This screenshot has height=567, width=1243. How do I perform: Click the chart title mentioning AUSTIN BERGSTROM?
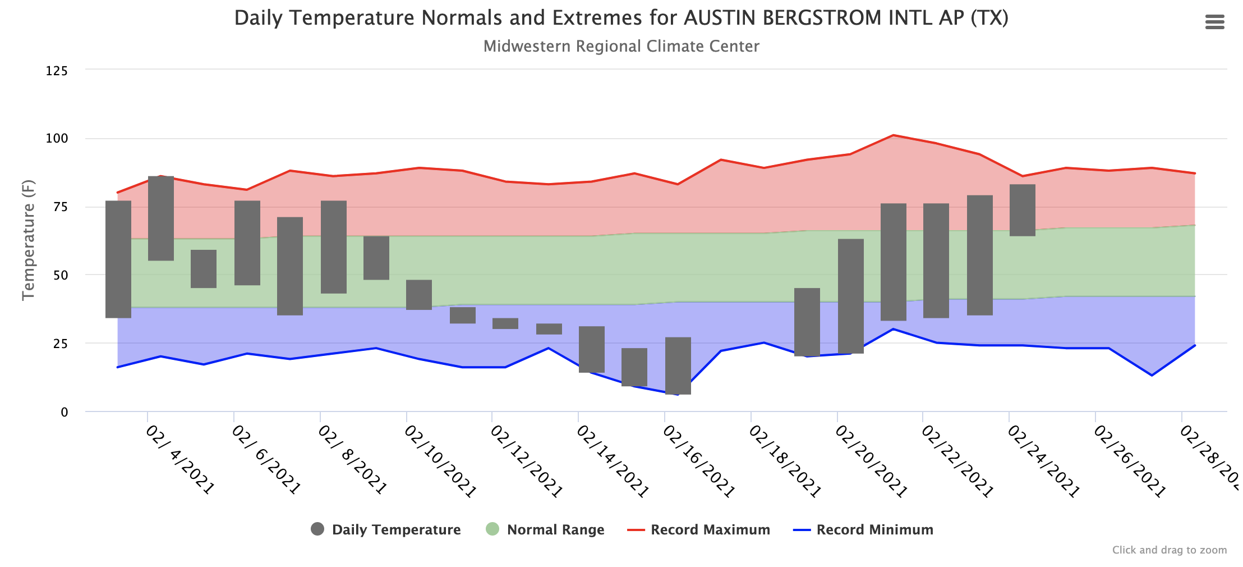(621, 18)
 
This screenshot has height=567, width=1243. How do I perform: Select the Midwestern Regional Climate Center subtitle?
(621, 46)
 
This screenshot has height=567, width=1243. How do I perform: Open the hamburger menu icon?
(1214, 22)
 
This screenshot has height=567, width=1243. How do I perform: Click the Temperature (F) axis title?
(28, 240)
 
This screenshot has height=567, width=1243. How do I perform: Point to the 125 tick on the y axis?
(57, 71)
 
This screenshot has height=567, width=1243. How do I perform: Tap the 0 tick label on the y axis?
(64, 412)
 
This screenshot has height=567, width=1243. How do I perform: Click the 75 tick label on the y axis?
(60, 207)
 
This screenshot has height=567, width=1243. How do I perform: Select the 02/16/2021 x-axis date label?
(698, 461)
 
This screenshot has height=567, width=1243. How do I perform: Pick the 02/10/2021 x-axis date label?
(440, 461)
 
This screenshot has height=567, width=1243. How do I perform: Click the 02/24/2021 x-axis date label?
(1043, 461)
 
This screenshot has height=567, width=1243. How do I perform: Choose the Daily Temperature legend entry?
(385, 529)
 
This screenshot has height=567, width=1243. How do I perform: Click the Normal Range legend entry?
(545, 529)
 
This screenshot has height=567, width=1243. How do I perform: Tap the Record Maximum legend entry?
(698, 529)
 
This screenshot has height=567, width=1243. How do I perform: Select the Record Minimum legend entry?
(863, 529)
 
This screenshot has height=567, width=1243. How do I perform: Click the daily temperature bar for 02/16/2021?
(678, 365)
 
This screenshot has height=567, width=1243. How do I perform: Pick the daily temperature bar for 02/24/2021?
(1023, 210)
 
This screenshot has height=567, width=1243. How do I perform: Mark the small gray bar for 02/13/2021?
(549, 329)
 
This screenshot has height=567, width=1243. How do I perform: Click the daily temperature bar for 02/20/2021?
(851, 296)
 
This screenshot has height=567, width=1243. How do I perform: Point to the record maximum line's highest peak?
(893, 135)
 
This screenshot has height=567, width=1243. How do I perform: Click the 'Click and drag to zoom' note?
(1169, 550)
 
